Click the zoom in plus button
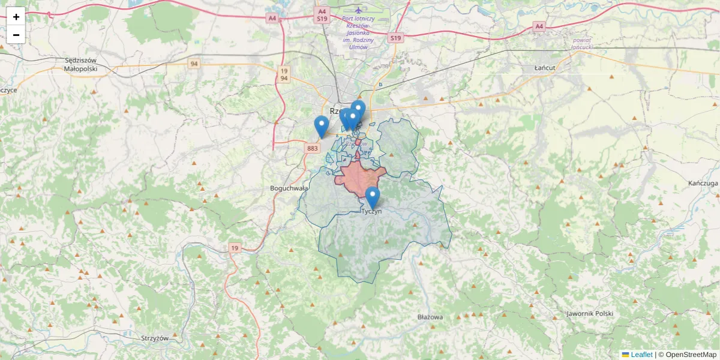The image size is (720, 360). [x=16, y=17]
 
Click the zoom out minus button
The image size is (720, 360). [x=16, y=35]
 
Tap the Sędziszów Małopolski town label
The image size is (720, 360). [x=80, y=64]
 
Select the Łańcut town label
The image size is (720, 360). [x=545, y=68]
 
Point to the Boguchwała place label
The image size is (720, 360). [x=289, y=188]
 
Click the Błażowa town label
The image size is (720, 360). [x=430, y=317]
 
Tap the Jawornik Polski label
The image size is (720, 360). [x=589, y=314]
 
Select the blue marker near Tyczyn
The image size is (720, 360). [x=373, y=197]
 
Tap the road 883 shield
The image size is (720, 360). [x=312, y=148]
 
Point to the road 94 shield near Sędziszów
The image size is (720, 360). [x=194, y=64]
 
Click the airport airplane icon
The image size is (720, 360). [x=359, y=10]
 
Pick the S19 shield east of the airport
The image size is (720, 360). [x=394, y=38]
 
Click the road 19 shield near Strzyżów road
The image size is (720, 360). [x=235, y=248]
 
